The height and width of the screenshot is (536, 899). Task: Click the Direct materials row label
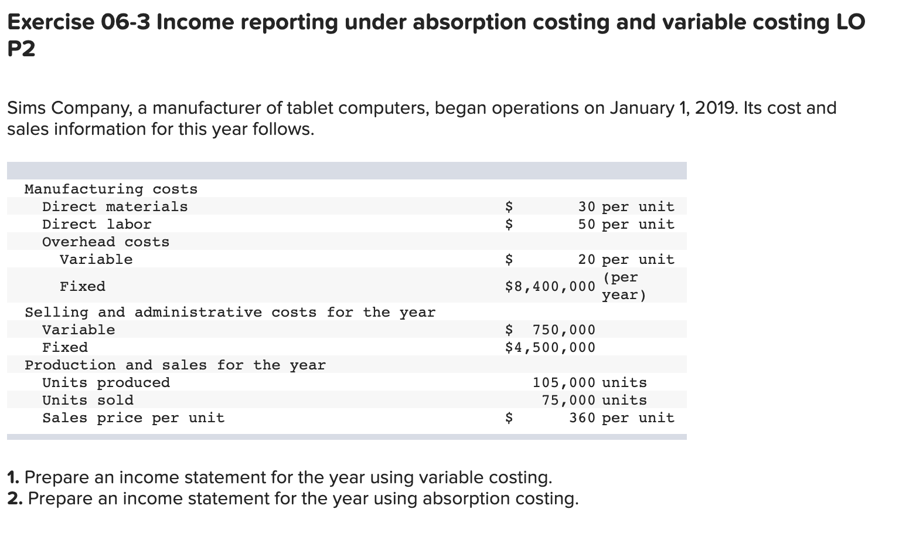115,206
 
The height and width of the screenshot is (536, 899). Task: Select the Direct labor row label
97,224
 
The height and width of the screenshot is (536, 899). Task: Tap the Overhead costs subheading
105,242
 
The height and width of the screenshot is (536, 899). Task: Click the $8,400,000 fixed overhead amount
550,286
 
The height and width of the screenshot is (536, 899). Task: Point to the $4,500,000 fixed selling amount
550,347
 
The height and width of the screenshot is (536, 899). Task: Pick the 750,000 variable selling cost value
563,330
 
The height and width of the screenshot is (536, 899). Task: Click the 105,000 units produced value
563,382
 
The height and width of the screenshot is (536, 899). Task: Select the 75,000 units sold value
568,400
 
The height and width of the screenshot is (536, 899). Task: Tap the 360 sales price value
582,418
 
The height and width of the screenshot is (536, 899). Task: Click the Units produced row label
106,382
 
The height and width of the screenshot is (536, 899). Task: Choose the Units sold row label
88,400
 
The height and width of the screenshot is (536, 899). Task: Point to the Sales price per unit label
134,418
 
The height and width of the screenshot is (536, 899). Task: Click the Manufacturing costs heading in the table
111,189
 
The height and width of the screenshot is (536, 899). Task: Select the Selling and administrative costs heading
230,312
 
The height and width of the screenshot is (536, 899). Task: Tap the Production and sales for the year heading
175,365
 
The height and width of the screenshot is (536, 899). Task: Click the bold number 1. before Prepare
14,477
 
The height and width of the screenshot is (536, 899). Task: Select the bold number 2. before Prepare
15,498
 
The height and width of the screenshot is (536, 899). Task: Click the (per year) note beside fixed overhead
624,286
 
